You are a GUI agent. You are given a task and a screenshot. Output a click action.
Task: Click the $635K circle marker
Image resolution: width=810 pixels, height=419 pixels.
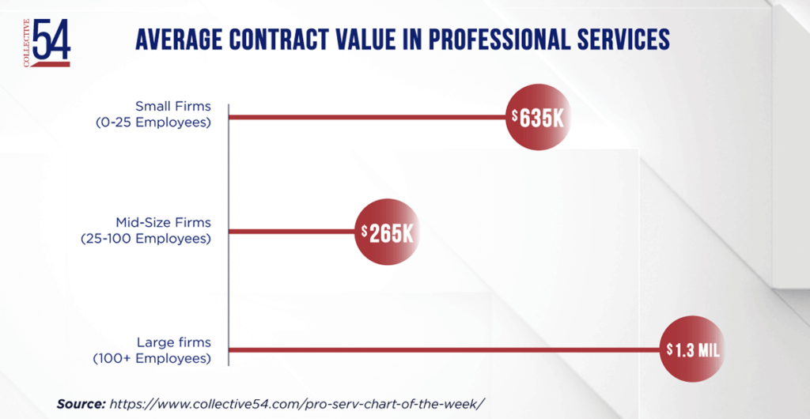click(538, 119)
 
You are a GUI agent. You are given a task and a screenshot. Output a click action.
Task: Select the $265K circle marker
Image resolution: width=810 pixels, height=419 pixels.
click(388, 232)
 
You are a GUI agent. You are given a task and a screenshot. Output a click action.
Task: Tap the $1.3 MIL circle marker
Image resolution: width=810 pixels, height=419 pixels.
click(692, 349)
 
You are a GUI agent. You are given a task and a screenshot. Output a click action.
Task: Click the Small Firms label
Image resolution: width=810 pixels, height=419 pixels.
click(173, 106)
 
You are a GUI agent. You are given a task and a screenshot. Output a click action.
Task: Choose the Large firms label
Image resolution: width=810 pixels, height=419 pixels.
click(173, 342)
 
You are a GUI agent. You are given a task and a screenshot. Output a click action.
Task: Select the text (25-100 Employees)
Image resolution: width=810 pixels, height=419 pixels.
click(146, 238)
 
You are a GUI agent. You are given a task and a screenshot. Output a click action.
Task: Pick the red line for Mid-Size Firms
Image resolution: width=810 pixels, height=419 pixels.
click(293, 232)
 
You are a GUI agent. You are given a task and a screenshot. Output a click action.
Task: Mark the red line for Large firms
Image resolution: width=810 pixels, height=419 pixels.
click(443, 349)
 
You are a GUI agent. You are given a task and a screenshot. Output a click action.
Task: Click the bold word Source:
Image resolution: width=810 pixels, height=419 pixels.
click(81, 403)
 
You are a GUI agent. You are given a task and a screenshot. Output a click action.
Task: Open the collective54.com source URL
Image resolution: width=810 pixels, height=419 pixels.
click(296, 403)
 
